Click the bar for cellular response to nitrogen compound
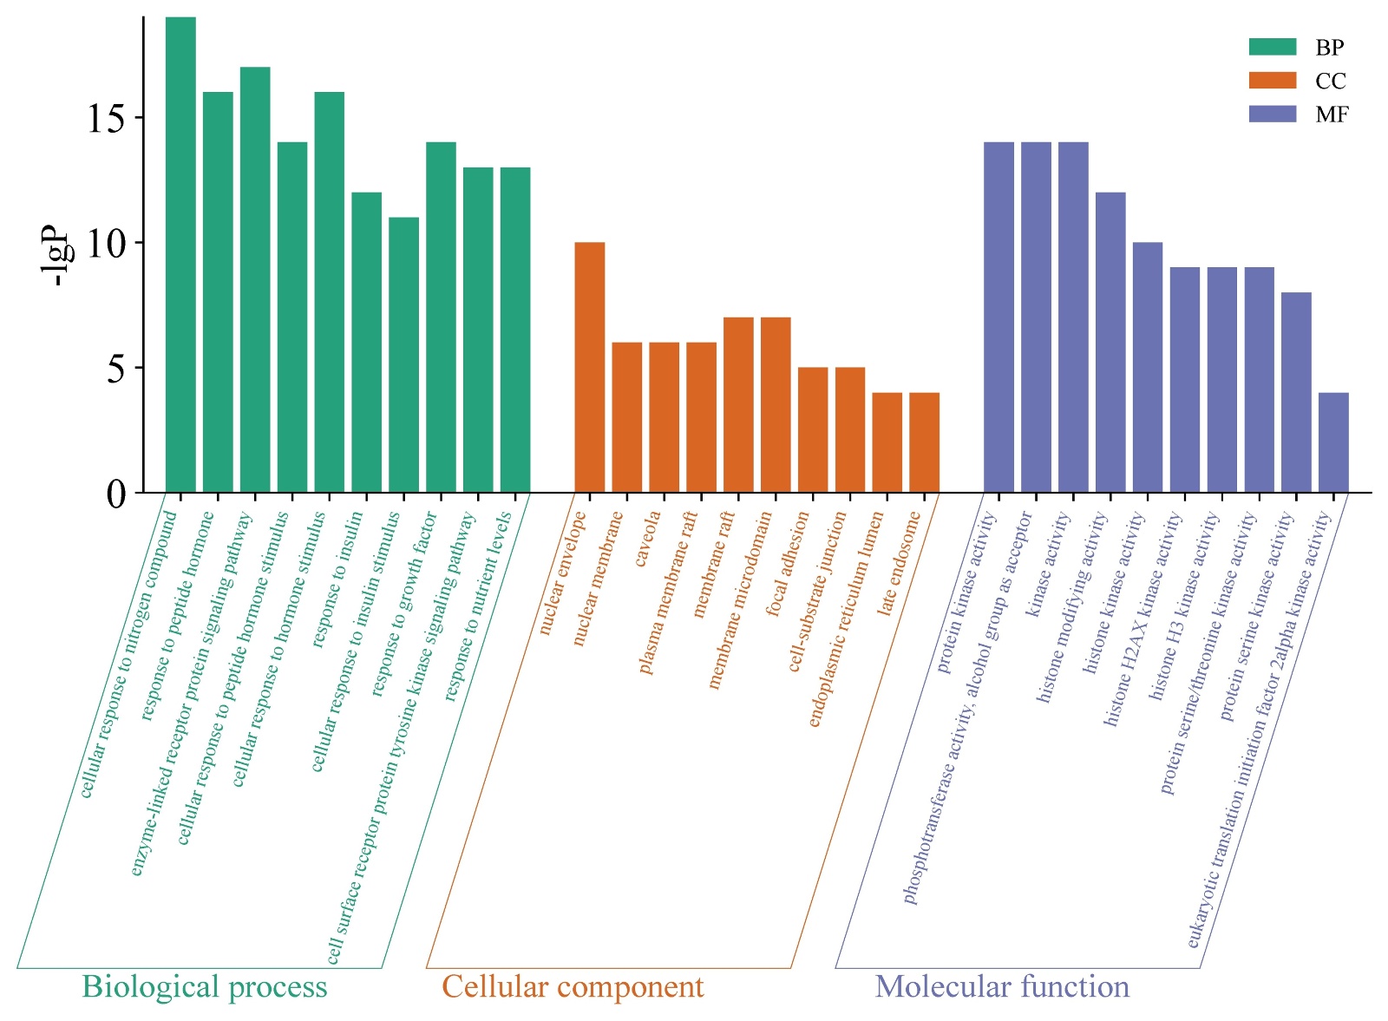(x=180, y=255)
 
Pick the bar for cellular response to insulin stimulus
(x=403, y=355)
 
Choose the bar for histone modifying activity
(x=1110, y=343)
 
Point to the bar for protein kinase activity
(x=998, y=317)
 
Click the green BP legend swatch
(x=1272, y=47)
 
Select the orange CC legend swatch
(x=1272, y=81)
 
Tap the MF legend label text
(x=1332, y=115)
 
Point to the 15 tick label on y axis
(x=106, y=118)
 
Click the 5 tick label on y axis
(x=116, y=368)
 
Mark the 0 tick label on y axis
(x=116, y=494)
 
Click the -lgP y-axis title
(x=57, y=256)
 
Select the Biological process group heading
(x=205, y=987)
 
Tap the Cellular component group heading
(x=573, y=987)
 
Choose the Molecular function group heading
(x=1002, y=987)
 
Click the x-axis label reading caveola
(x=648, y=540)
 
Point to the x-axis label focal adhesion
(x=788, y=564)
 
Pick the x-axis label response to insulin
(x=337, y=579)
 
